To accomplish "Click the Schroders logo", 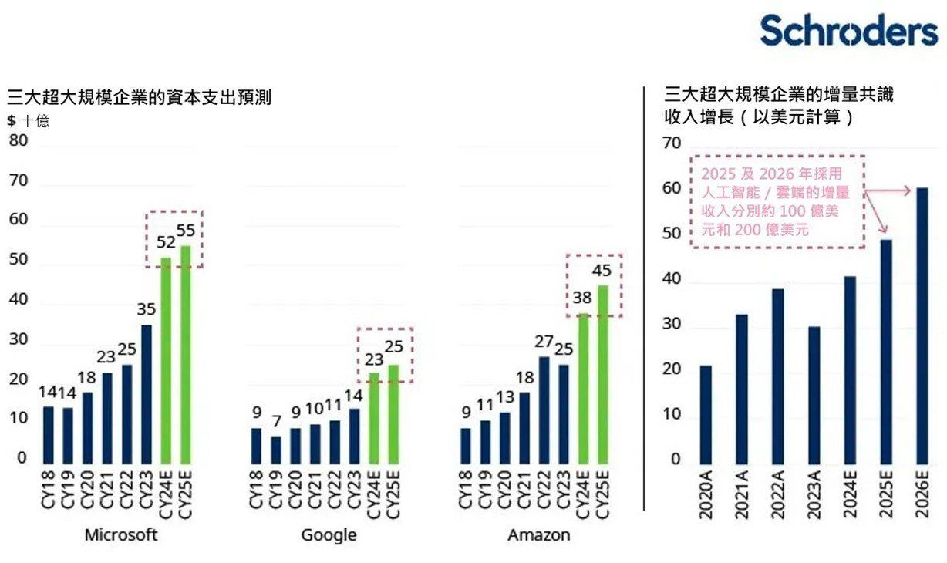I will point(848,31).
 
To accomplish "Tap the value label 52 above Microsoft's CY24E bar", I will point(166,242).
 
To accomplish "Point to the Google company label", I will point(329,534).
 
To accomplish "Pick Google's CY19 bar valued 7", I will point(276,449).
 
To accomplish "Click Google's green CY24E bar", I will point(373,416).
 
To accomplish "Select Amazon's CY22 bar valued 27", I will point(544,409).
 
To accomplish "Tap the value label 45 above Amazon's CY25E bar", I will point(601,271).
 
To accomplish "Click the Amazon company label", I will point(539,534).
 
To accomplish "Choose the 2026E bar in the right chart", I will point(922,324).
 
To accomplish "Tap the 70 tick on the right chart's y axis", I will point(672,143).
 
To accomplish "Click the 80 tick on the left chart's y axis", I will point(19,141).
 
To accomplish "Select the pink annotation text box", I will point(777,201).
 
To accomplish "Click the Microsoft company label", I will point(121,534).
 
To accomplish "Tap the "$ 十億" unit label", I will point(29,121).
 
